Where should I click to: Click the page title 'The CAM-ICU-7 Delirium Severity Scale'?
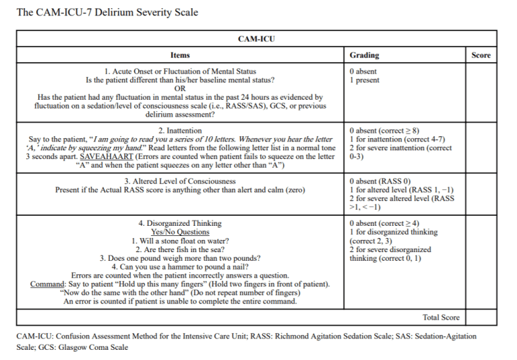pyautogui.click(x=107, y=13)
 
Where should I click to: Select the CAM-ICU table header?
pyautogui.click(x=256, y=39)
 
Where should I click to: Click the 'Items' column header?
pyautogui.click(x=180, y=55)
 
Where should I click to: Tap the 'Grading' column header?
pyautogui.click(x=364, y=55)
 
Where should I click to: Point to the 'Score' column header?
pyautogui.click(x=481, y=55)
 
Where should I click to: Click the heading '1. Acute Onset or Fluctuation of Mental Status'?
pyautogui.click(x=180, y=71)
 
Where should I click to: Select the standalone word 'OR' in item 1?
pyautogui.click(x=180, y=88)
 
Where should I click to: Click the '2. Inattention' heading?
pyautogui.click(x=180, y=130)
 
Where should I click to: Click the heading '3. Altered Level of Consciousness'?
pyautogui.click(x=180, y=181)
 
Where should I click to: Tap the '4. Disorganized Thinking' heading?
pyautogui.click(x=180, y=224)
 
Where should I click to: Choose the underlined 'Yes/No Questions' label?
pyautogui.click(x=180, y=233)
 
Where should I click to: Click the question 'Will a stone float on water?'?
pyautogui.click(x=180, y=241)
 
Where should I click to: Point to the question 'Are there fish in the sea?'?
pyautogui.click(x=180, y=250)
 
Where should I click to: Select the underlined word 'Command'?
pyautogui.click(x=47, y=284)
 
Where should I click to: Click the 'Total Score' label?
pyautogui.click(x=441, y=318)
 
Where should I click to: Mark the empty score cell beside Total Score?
pyautogui.click(x=481, y=318)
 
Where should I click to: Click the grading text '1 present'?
pyautogui.click(x=365, y=80)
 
